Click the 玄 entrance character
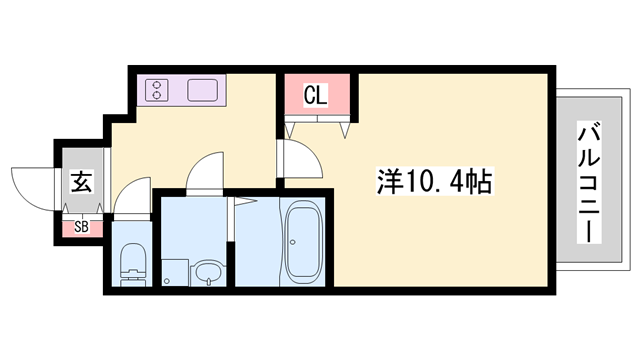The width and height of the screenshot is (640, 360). click(81, 183)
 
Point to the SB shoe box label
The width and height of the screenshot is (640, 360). click(81, 227)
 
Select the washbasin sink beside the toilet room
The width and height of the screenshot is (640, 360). click(208, 271)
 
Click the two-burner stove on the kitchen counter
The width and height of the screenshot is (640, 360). click(158, 91)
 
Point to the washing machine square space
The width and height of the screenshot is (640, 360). click(176, 270)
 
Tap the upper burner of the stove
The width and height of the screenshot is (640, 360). click(158, 85)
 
